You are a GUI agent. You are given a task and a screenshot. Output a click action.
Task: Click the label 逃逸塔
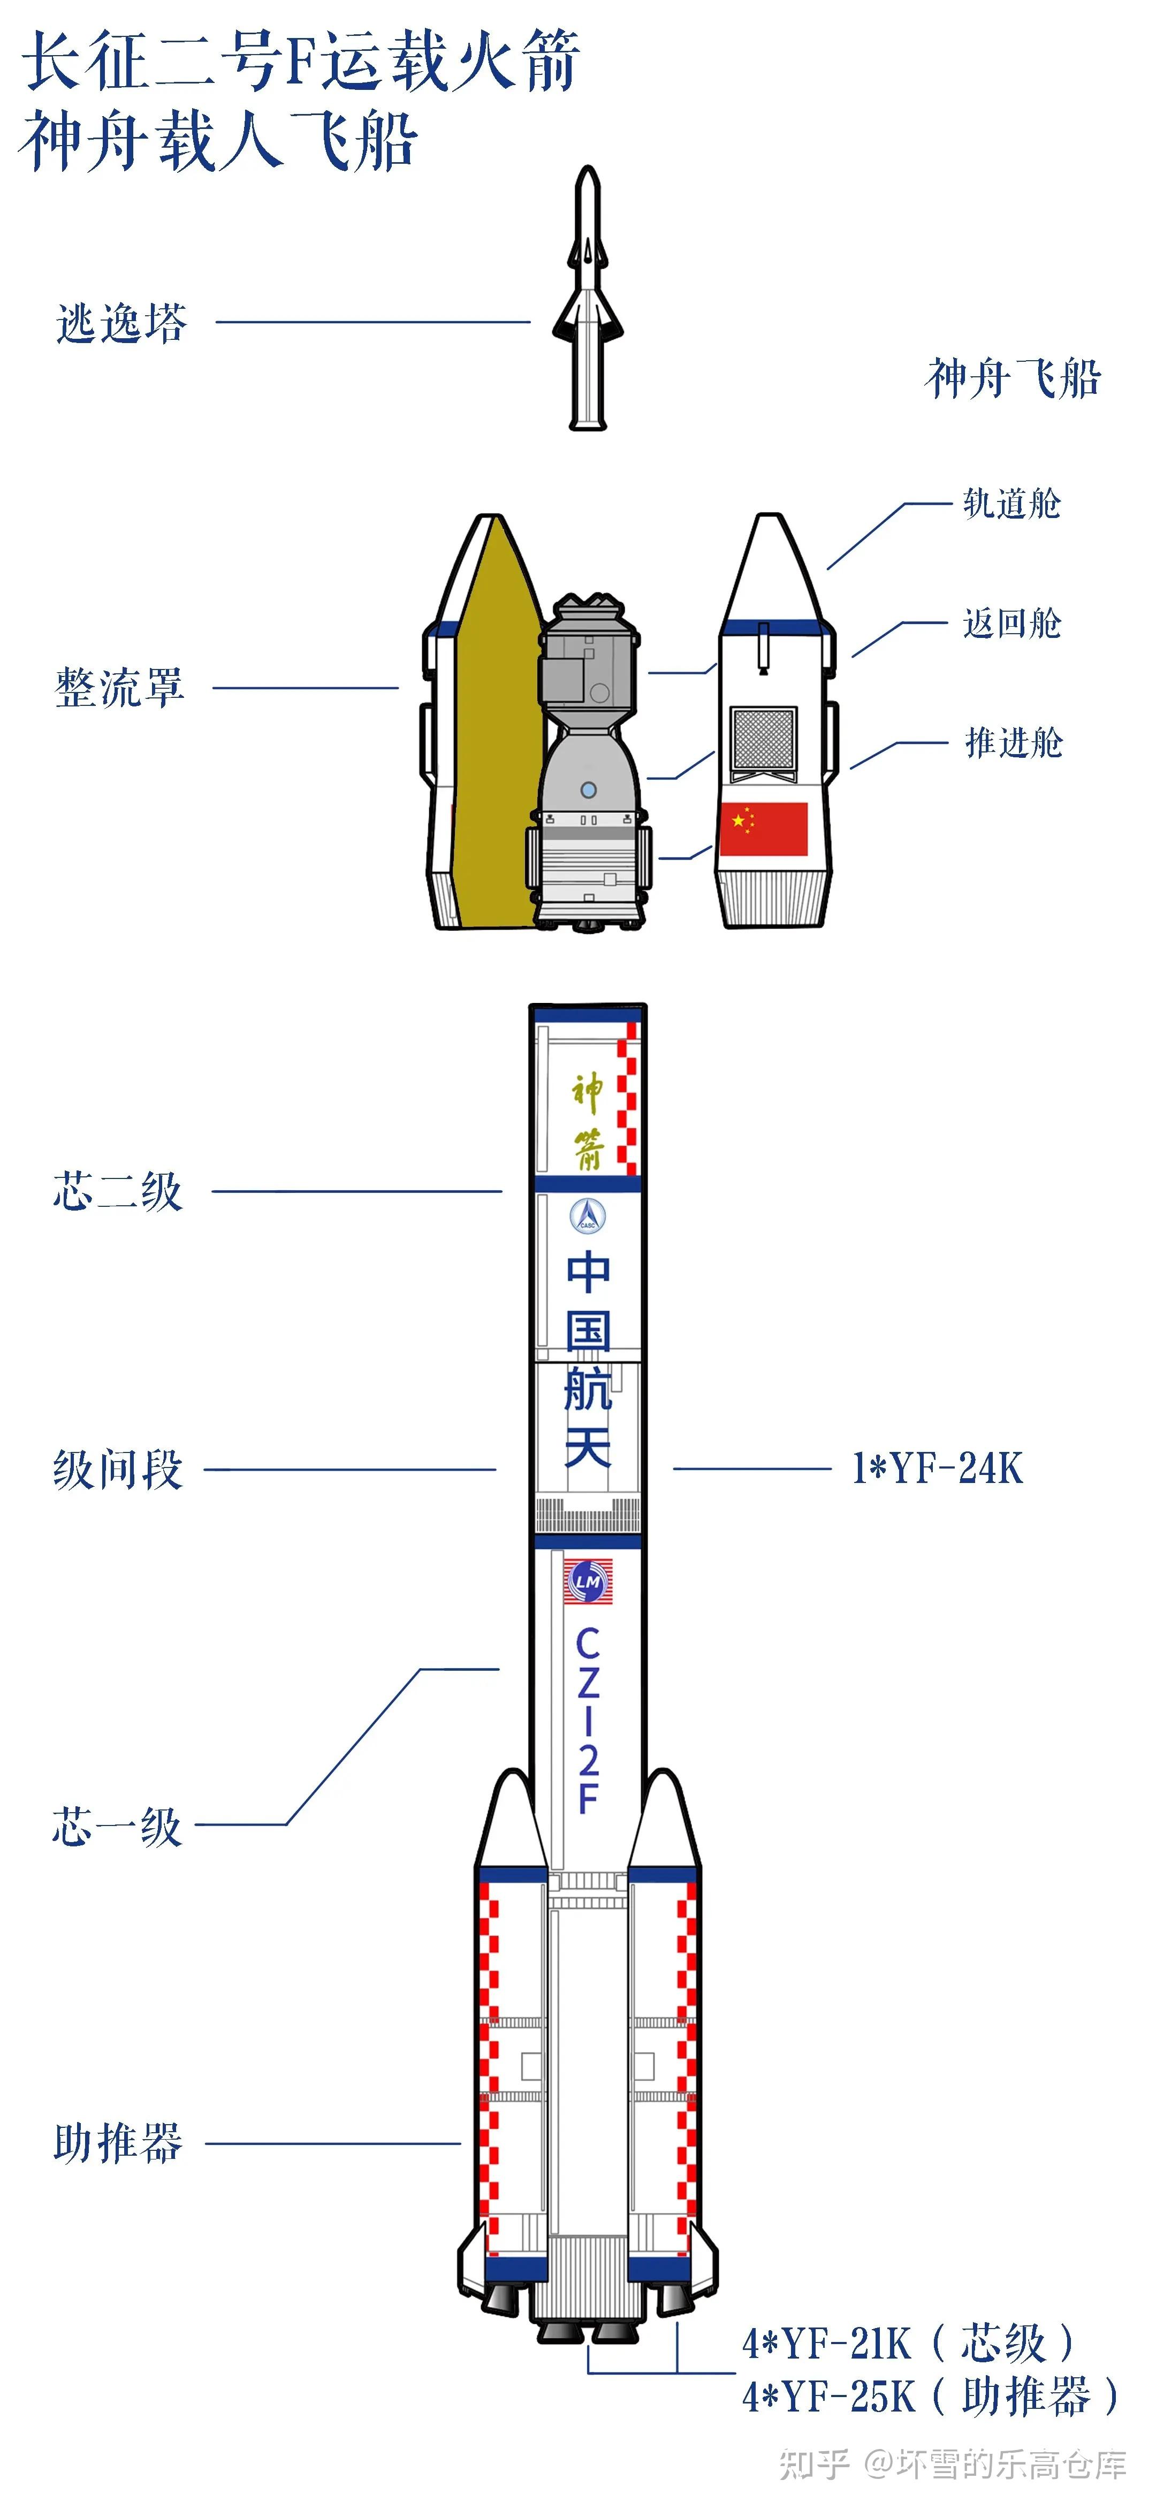(x=121, y=323)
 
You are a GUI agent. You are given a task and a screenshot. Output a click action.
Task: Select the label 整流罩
(x=119, y=688)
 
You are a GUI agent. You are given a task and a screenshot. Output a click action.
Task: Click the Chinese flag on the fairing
(x=763, y=828)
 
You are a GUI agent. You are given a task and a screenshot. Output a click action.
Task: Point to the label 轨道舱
(x=1011, y=504)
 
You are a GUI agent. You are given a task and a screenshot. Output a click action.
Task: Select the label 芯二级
(x=118, y=1192)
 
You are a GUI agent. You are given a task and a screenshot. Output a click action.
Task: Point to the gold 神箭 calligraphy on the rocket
(x=588, y=1121)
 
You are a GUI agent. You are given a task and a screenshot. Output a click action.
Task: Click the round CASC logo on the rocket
(x=588, y=1215)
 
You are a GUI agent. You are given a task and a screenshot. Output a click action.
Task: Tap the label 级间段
(x=118, y=1470)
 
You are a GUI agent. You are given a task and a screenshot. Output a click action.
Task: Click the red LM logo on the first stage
(x=588, y=1581)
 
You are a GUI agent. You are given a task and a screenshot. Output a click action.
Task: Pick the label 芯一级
(x=117, y=1827)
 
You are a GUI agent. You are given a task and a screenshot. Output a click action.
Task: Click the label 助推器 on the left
(x=118, y=2143)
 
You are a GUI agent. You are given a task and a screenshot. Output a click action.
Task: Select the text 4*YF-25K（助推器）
(x=931, y=2396)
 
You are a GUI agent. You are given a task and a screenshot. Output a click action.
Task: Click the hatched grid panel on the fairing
(x=763, y=737)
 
